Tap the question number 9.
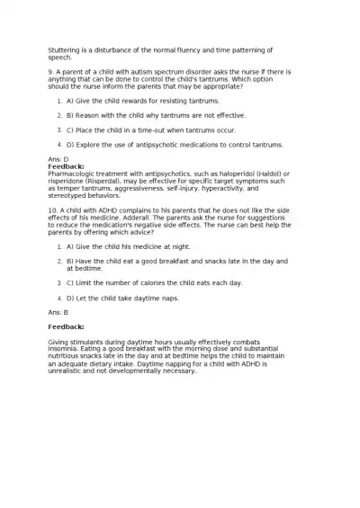coord(50,71)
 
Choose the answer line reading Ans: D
coord(58,159)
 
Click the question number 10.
coord(52,209)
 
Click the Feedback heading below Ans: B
coord(66,326)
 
